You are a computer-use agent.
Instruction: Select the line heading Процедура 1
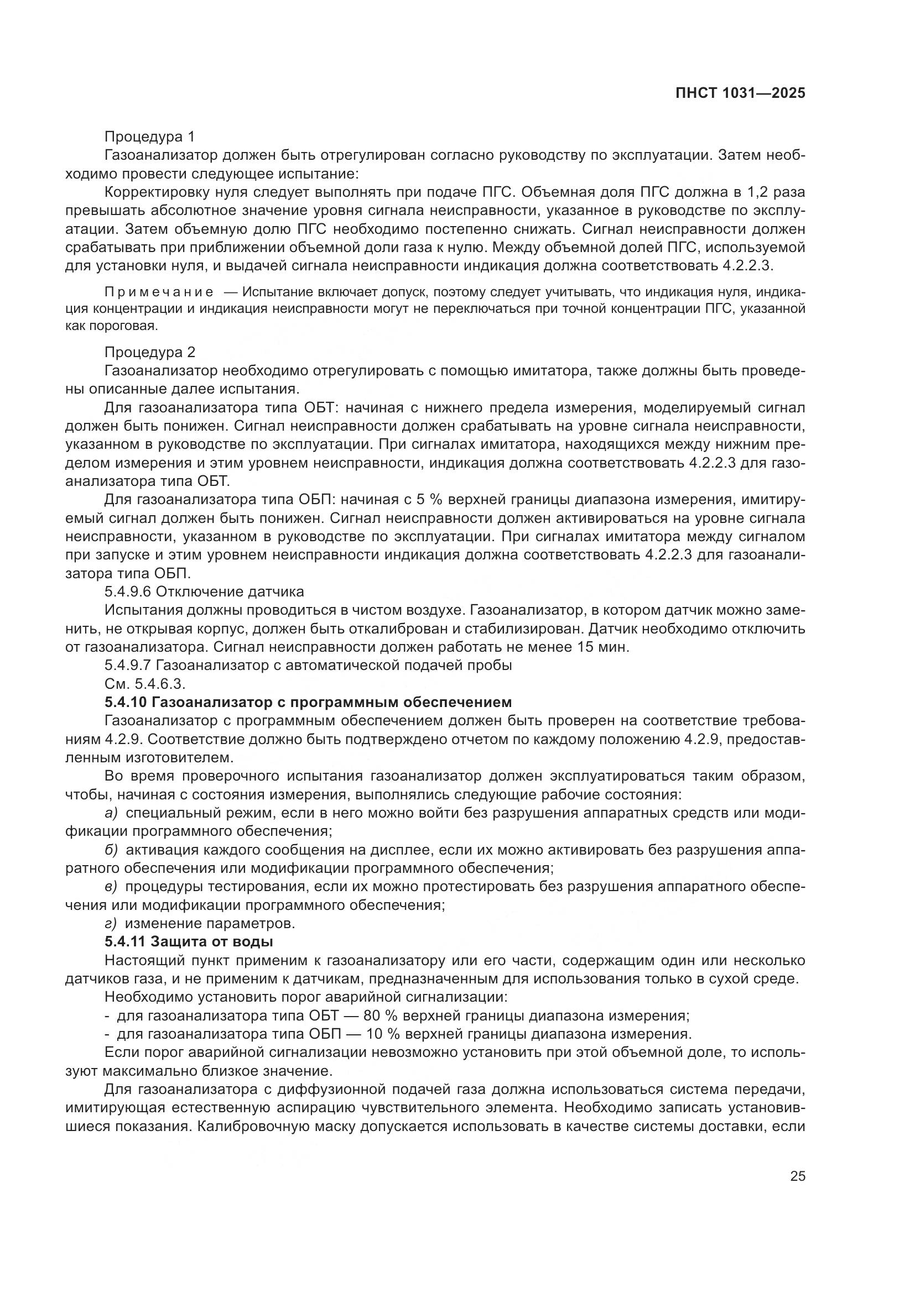[149, 137]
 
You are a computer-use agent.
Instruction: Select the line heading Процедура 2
[149, 353]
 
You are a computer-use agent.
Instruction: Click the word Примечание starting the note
[159, 292]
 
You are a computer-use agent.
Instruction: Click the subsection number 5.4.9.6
[128, 592]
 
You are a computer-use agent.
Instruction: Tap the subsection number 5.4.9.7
[128, 666]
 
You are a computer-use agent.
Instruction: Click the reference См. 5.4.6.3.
[145, 684]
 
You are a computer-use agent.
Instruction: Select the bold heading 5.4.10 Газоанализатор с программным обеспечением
[308, 703]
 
